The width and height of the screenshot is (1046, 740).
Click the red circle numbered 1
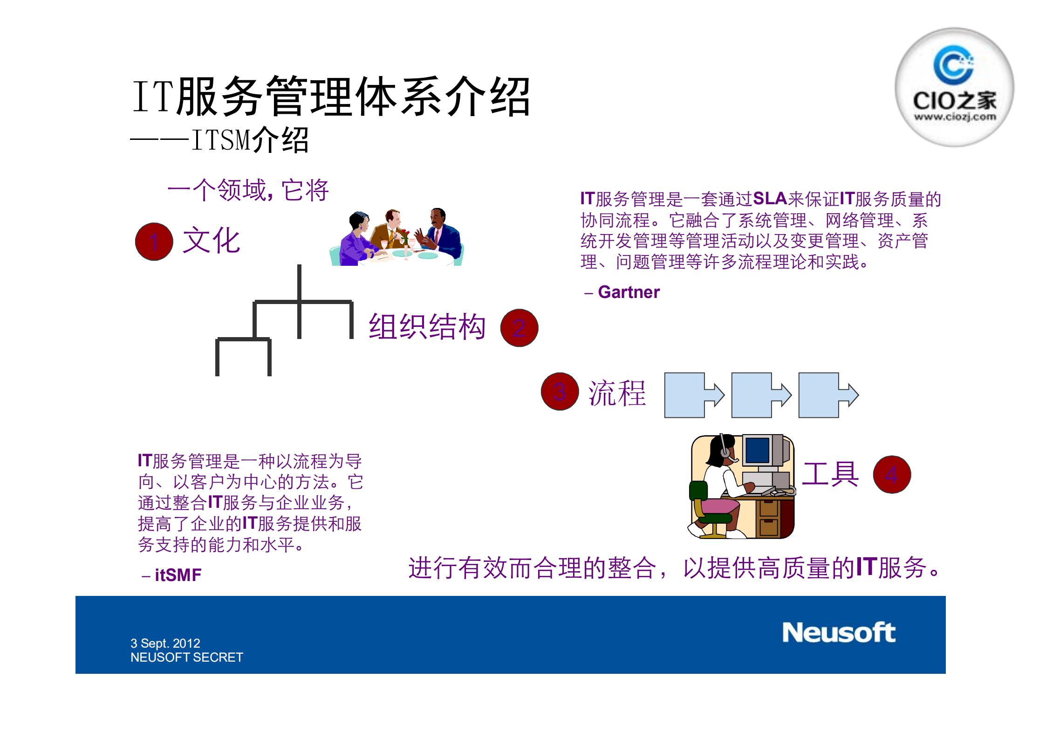click(154, 242)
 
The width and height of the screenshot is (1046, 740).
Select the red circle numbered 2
click(519, 328)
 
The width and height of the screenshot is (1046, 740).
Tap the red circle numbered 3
click(560, 391)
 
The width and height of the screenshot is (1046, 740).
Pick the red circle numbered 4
click(892, 474)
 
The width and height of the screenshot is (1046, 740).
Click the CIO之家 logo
click(954, 87)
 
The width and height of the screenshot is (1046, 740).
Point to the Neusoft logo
click(838, 633)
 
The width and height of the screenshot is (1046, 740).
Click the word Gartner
click(629, 292)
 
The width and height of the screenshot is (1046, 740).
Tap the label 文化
click(211, 241)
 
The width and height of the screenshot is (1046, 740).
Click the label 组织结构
click(427, 327)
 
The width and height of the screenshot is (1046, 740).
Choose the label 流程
click(617, 393)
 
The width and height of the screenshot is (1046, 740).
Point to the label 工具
click(830, 474)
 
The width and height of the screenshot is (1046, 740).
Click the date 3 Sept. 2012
click(165, 643)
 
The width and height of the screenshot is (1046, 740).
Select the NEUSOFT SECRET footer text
click(186, 657)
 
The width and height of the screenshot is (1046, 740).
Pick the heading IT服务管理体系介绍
click(331, 97)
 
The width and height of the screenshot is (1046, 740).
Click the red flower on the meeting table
click(405, 233)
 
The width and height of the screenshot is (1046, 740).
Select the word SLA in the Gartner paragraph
click(770, 199)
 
